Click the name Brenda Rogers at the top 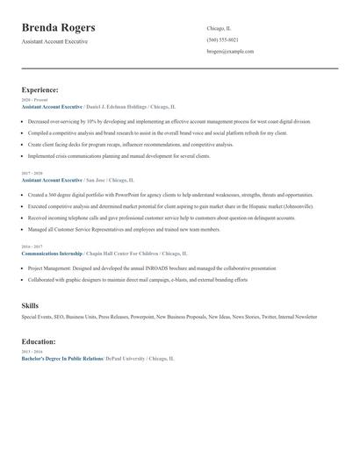pyautogui.click(x=58, y=28)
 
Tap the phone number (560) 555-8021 pyautogui.click(x=222, y=40)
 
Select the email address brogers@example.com pyautogui.click(x=230, y=52)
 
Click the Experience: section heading pyautogui.click(x=40, y=89)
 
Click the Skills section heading pyautogui.click(x=30, y=304)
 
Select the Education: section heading pyautogui.click(x=39, y=341)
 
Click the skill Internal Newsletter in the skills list pyautogui.click(x=298, y=317)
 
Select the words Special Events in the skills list pyautogui.click(x=37, y=317)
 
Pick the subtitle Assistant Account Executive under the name pyautogui.click(x=54, y=41)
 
